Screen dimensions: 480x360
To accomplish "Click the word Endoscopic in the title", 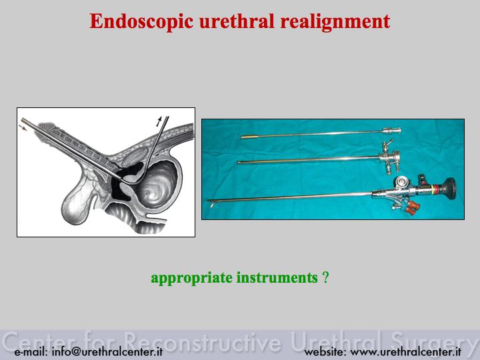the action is (x=141, y=22).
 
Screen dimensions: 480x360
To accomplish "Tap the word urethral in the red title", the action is (x=237, y=21).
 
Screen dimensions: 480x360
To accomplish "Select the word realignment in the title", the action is (x=335, y=22).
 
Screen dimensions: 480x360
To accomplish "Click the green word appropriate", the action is (x=191, y=278).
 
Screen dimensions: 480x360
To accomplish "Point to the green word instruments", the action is (x=277, y=277).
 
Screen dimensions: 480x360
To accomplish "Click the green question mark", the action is (x=325, y=277).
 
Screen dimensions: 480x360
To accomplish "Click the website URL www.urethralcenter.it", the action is (x=405, y=352).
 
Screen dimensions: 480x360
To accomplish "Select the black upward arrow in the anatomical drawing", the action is (x=159, y=121).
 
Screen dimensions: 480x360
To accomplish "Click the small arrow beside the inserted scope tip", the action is (x=23, y=127).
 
